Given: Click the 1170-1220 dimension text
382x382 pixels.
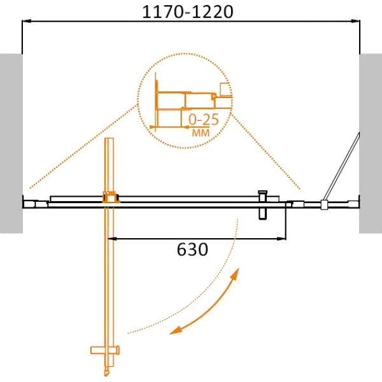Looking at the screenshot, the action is point(187,11).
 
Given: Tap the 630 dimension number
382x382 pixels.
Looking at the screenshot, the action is point(192,249).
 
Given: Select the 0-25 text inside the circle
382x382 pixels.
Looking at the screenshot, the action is point(204,120).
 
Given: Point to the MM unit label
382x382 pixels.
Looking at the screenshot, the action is point(201,133).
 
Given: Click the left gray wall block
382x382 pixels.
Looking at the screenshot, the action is point(11,143).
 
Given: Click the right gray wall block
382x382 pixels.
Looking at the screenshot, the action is point(371,143).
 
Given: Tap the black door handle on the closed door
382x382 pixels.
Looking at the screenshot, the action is point(262,205).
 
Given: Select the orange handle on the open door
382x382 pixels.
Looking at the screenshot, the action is point(105,350).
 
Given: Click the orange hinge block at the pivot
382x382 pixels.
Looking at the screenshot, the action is point(111,197).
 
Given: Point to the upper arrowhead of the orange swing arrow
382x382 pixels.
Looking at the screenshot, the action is point(235,274).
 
